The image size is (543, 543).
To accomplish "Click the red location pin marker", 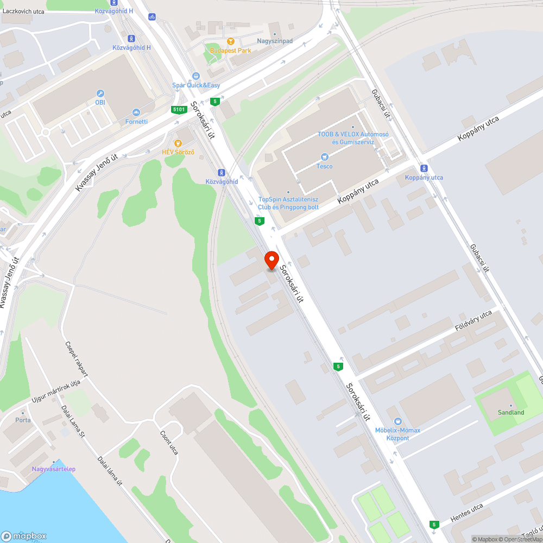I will pos(271,260).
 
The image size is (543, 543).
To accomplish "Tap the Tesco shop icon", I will pos(325,157).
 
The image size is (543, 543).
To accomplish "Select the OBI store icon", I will pos(100,93).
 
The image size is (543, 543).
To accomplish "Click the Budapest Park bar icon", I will pos(231,41).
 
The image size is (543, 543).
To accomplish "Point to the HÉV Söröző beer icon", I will pos(178,143).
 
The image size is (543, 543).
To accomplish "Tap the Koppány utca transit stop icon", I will pos(424,168).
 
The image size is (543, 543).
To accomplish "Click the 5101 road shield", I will pos(179,110).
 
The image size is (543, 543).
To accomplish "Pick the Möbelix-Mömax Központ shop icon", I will pos(398,421).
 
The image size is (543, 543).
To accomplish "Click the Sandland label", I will pos(511,412).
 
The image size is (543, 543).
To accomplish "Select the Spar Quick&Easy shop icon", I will pos(195,76).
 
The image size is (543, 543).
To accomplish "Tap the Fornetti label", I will pos(136,122).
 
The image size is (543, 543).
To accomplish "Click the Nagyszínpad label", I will pos(274,41).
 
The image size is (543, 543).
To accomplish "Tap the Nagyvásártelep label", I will pos(53,469).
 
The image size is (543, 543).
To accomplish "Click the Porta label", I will pos(23,420).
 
